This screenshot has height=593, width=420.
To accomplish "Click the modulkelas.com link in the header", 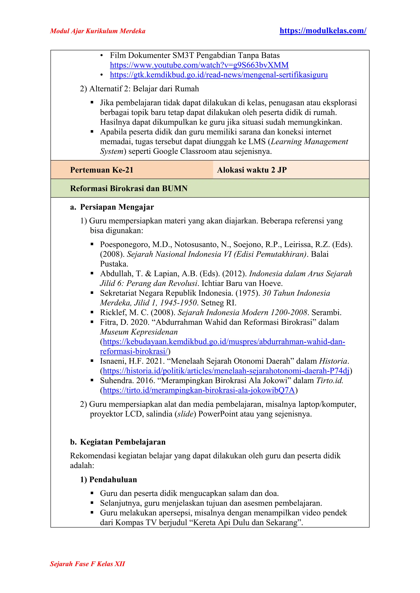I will [x=323, y=31].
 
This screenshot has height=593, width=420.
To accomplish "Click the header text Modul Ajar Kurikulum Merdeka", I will [x=97, y=31].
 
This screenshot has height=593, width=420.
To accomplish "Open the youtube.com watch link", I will [x=199, y=65].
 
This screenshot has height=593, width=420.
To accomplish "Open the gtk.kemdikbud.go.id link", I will [x=219, y=75].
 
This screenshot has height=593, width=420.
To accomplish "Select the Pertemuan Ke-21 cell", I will [x=102, y=170].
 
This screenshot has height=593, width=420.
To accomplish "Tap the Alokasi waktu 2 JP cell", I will [x=252, y=170].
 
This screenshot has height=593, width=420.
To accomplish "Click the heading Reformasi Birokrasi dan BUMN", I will [x=129, y=189].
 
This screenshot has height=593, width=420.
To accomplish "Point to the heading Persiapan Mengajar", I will [x=117, y=207].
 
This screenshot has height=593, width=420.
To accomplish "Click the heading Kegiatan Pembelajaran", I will [x=123, y=442].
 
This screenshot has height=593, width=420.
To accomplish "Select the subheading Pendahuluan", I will [x=113, y=480].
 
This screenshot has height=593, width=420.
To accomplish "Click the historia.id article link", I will [x=226, y=371].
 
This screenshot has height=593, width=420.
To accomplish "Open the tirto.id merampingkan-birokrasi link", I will [x=199, y=390].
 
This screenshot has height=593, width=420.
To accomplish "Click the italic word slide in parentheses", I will [x=185, y=414].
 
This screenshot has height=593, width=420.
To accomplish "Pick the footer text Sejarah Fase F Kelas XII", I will [x=87, y=564].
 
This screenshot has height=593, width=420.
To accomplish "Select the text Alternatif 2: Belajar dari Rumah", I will [x=144, y=89].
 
